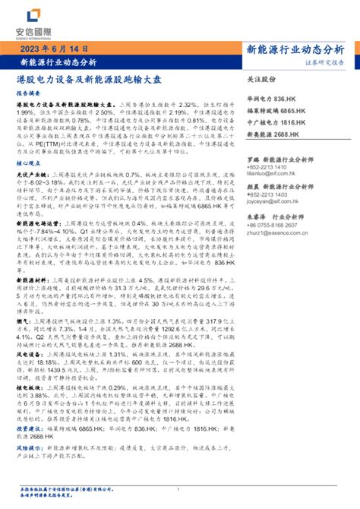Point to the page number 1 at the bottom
(178, 489)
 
